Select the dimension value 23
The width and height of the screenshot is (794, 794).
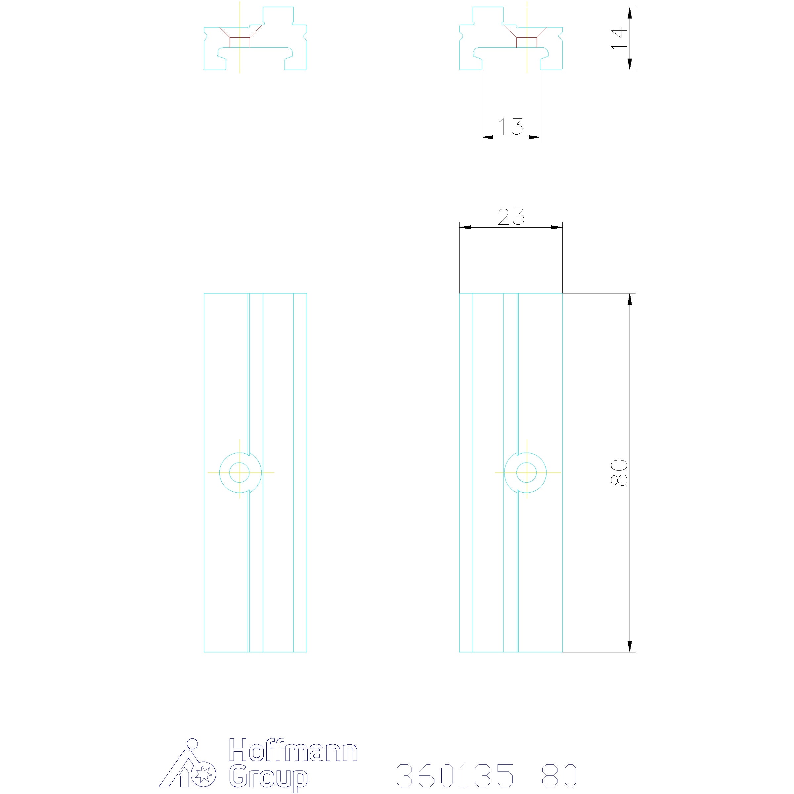(x=511, y=217)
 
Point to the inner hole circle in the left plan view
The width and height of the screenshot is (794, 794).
(x=239, y=473)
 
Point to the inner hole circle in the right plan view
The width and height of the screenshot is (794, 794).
(x=526, y=473)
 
